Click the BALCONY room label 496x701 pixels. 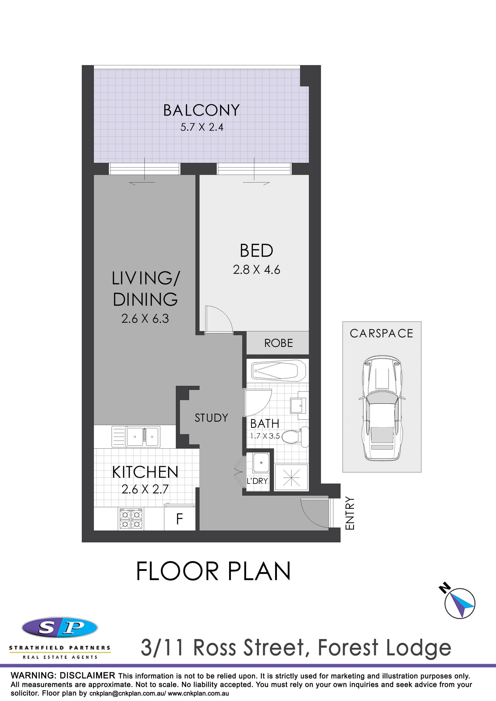202,110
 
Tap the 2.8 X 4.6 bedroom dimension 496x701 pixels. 257,270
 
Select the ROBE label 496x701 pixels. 278,343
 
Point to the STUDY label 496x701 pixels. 212,418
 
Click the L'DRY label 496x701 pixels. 257,481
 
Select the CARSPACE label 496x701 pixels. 381,333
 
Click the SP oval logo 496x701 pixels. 60,628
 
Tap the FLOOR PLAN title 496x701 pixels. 213,571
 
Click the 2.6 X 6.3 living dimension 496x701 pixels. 145,319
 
